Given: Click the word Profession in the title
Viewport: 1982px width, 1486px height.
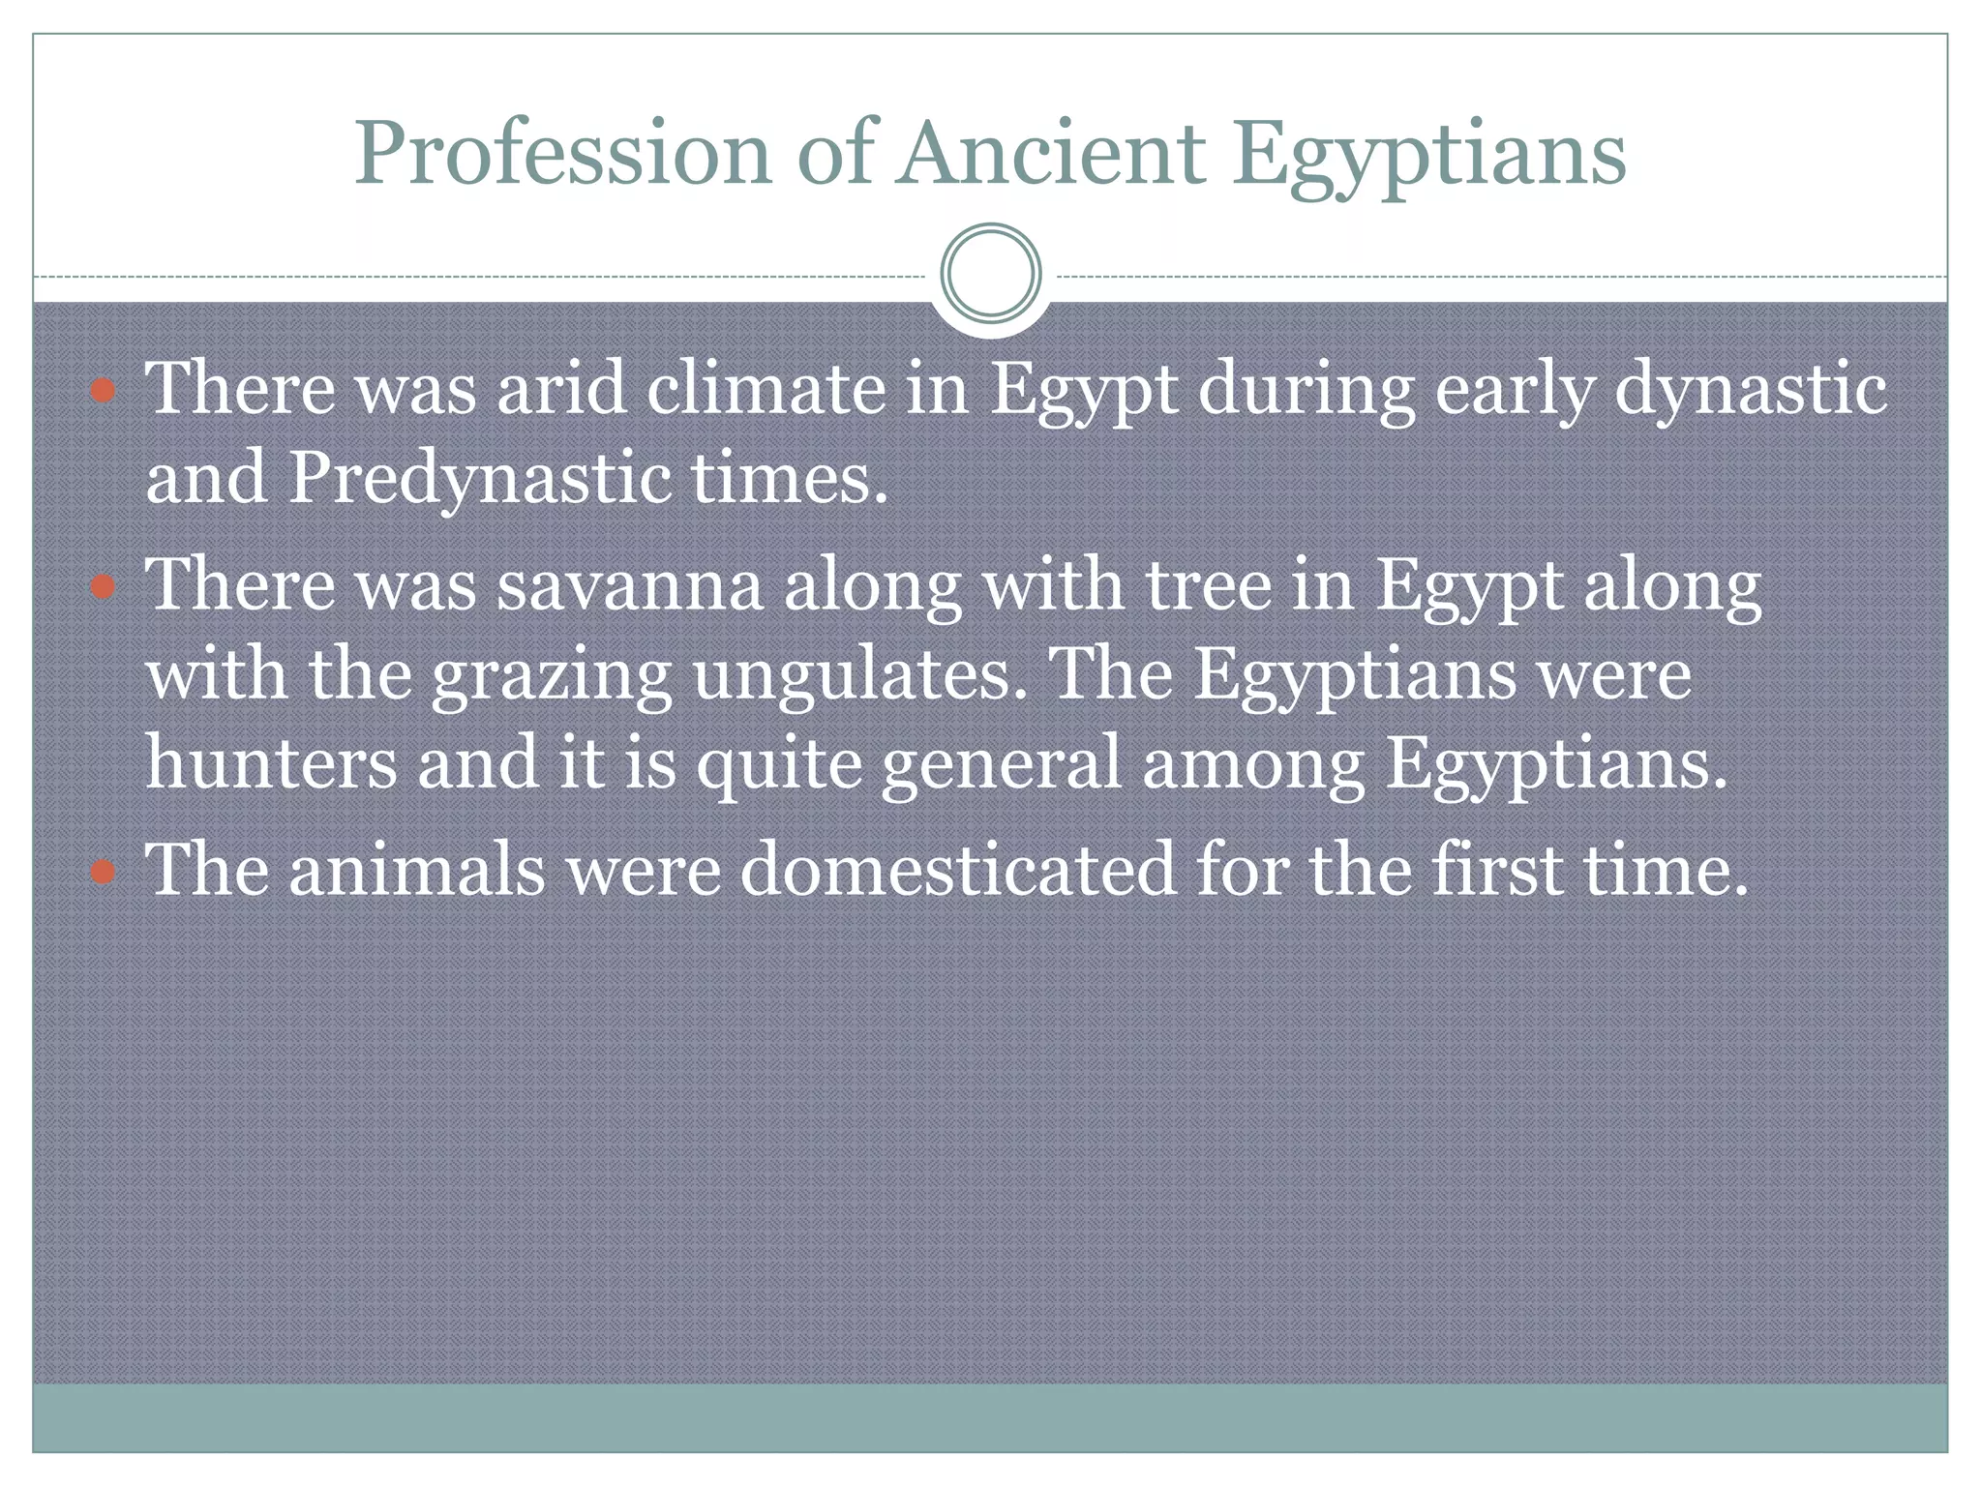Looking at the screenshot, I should pyautogui.click(x=561, y=155).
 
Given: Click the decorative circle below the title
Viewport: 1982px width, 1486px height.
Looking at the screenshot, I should pyautogui.click(x=990, y=274).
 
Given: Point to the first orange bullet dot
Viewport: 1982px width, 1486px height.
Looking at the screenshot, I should pyautogui.click(x=103, y=392).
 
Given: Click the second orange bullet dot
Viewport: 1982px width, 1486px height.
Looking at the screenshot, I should pyautogui.click(x=103, y=587).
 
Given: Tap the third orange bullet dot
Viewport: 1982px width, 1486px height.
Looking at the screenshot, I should pyautogui.click(x=103, y=873).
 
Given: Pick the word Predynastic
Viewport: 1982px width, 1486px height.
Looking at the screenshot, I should pyautogui.click(x=479, y=479).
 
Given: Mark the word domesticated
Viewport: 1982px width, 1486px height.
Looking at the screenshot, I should pyautogui.click(x=958, y=870).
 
